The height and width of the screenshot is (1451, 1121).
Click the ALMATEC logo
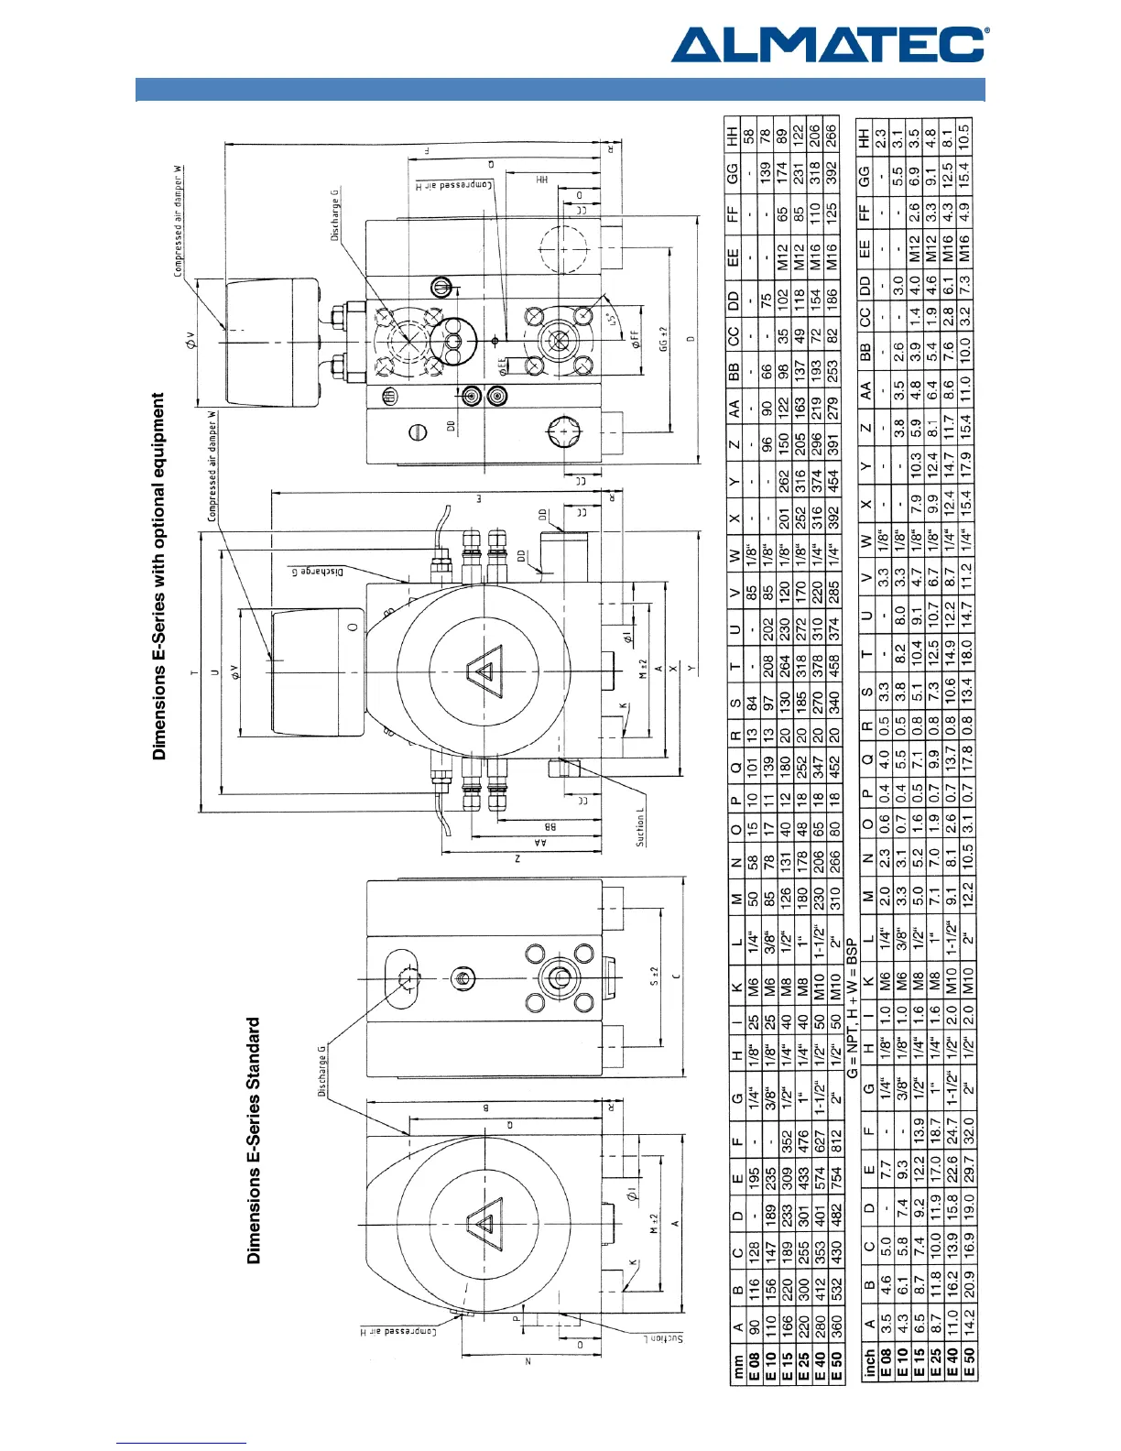(x=829, y=44)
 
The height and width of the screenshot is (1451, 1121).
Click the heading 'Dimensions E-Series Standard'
(x=254, y=1140)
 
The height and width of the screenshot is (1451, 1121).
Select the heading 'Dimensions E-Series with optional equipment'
(x=159, y=576)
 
